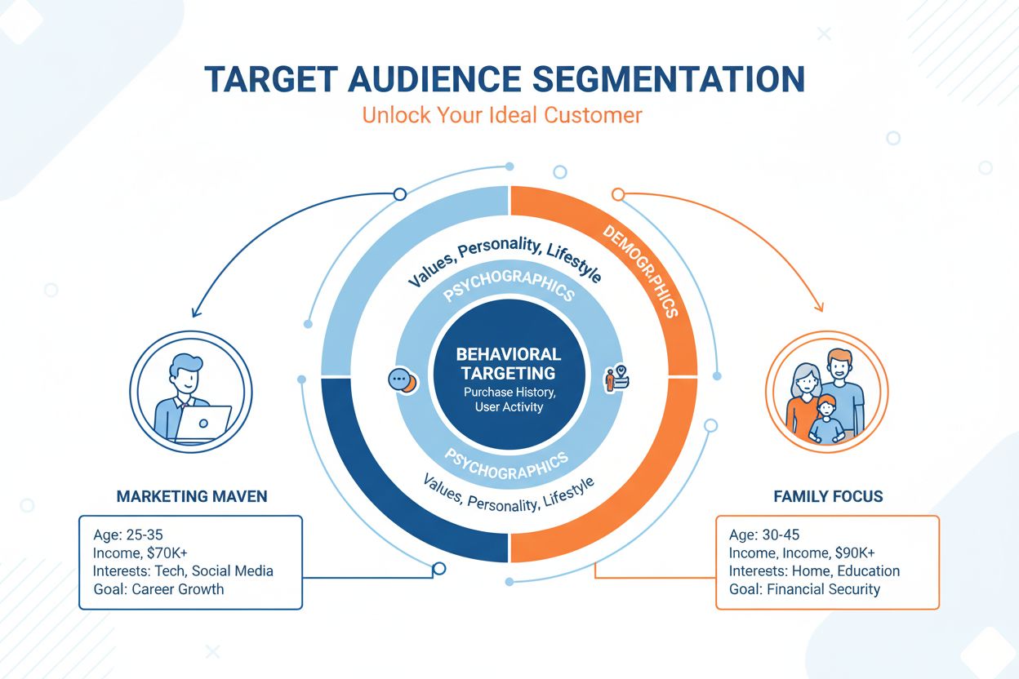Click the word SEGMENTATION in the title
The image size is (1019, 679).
point(669,79)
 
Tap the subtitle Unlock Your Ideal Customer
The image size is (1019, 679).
point(501,114)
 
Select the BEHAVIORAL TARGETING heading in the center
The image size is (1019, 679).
point(508,364)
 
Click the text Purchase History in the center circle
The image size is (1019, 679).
point(508,393)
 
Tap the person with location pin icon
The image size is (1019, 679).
point(614,379)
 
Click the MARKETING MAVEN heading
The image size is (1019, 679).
point(191,496)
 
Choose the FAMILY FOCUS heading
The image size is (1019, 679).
point(828,496)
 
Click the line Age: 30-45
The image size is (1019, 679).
point(763,535)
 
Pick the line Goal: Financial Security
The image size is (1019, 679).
point(804,589)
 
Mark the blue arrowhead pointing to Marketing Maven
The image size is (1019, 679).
point(194,312)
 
